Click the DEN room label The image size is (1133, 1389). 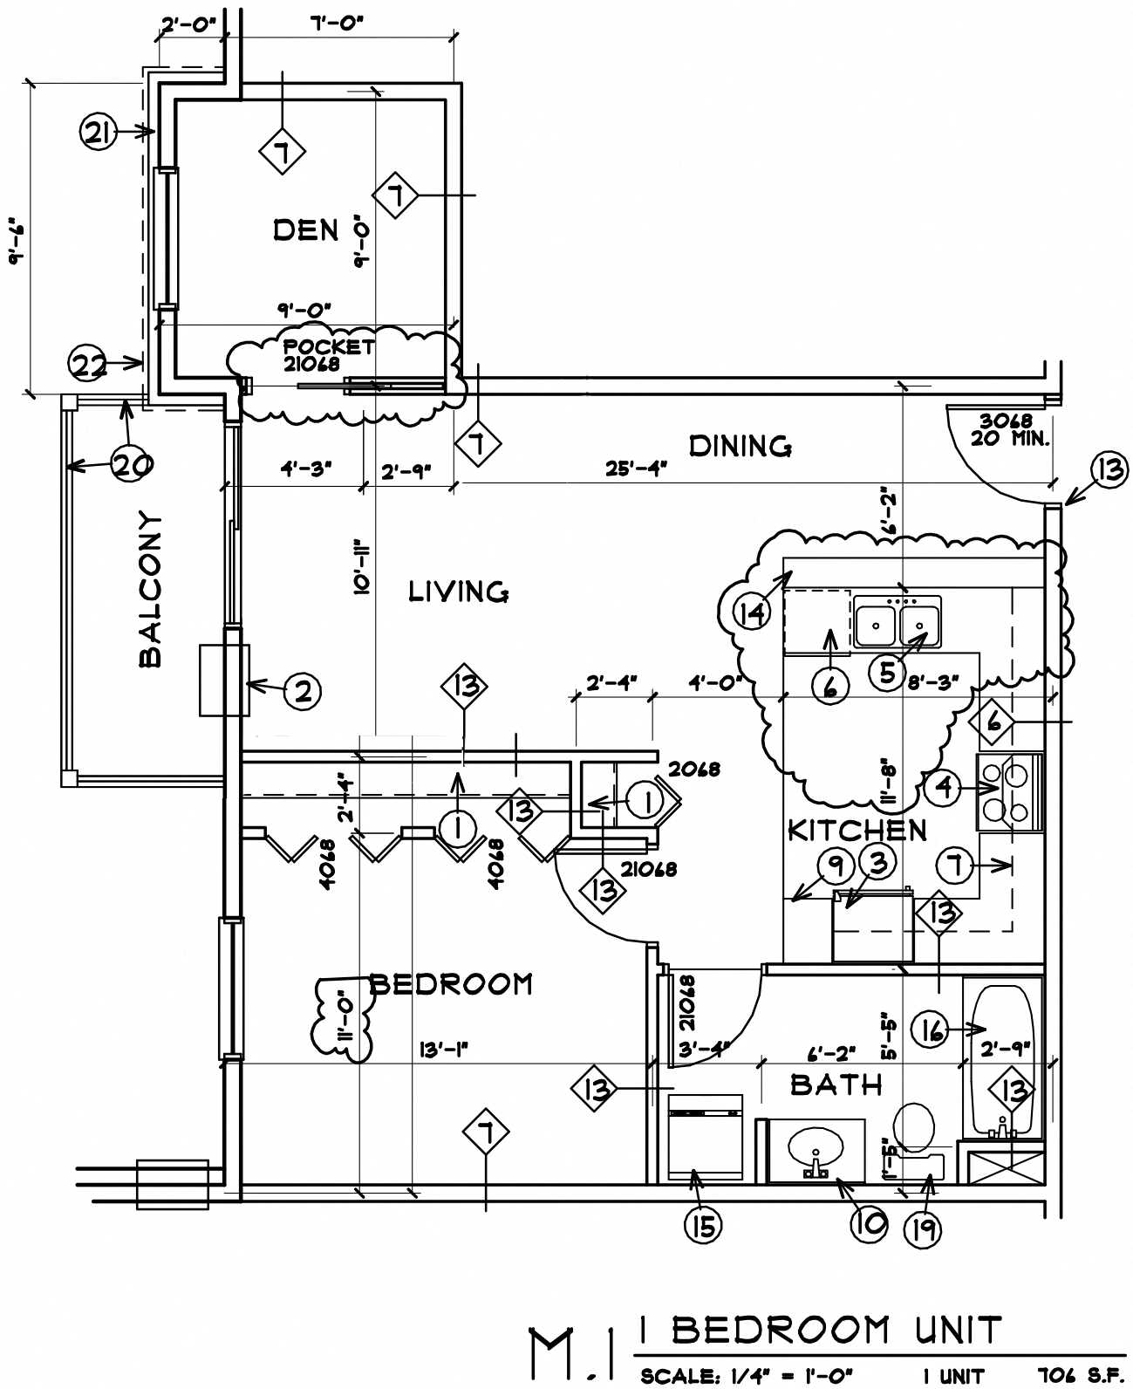pos(305,230)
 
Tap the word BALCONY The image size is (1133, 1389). pos(151,590)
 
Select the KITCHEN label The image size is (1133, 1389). pos(857,830)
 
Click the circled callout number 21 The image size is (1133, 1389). pos(99,133)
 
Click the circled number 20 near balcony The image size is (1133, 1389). pos(133,465)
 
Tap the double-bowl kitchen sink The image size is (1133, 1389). pos(898,622)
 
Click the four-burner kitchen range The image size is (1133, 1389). pos(1008,791)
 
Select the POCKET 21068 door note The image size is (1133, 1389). pos(328,355)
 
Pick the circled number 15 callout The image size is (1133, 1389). pos(703,1226)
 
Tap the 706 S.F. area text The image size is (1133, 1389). pos(1077,1377)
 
